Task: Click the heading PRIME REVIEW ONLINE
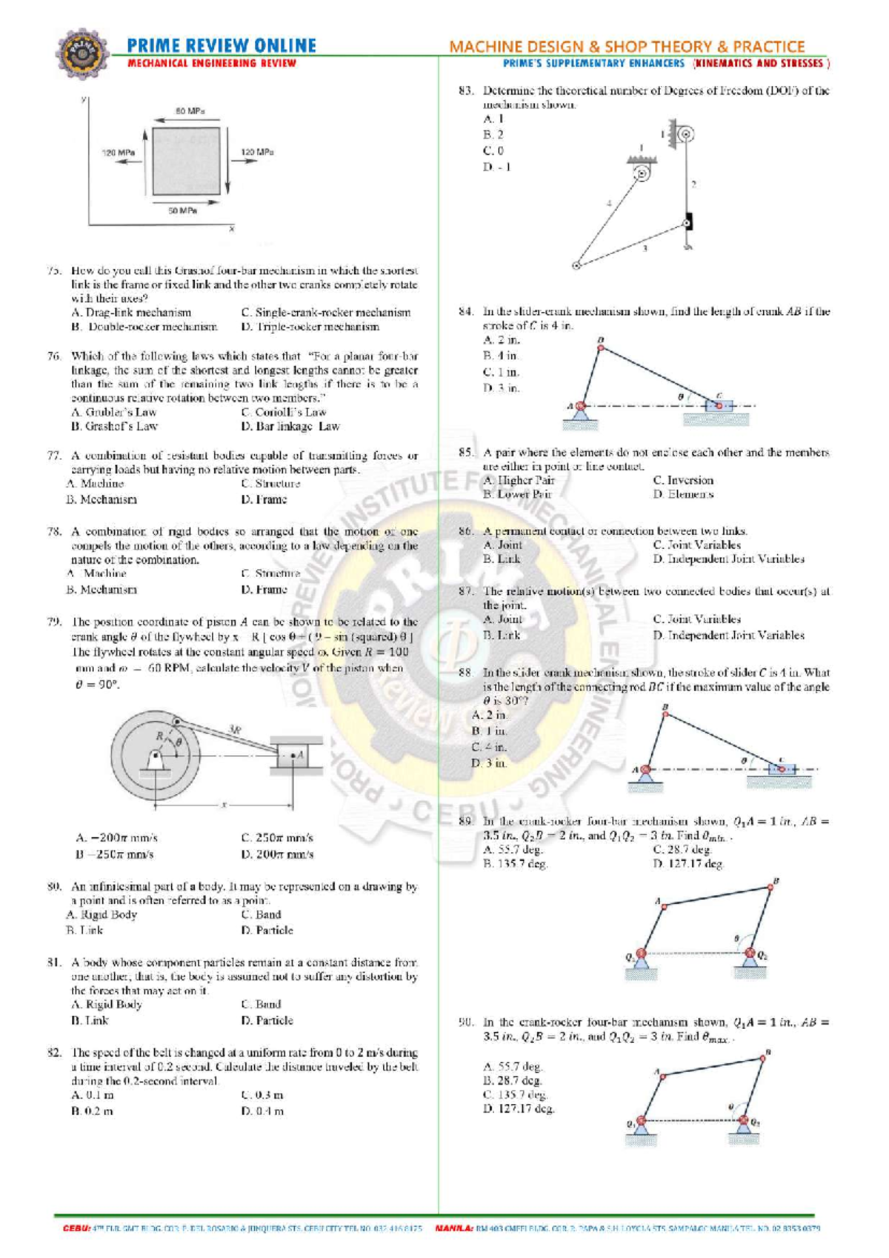pyautogui.click(x=222, y=46)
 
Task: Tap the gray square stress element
pyautogui.click(x=186, y=161)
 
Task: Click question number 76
pyautogui.click(x=53, y=356)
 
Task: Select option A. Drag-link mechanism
pyautogui.click(x=131, y=313)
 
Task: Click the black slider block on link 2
pyautogui.click(x=688, y=222)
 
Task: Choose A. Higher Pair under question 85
pyautogui.click(x=518, y=480)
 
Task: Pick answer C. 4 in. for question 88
pyautogui.click(x=490, y=747)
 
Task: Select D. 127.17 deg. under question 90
pyautogui.click(x=519, y=1109)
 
